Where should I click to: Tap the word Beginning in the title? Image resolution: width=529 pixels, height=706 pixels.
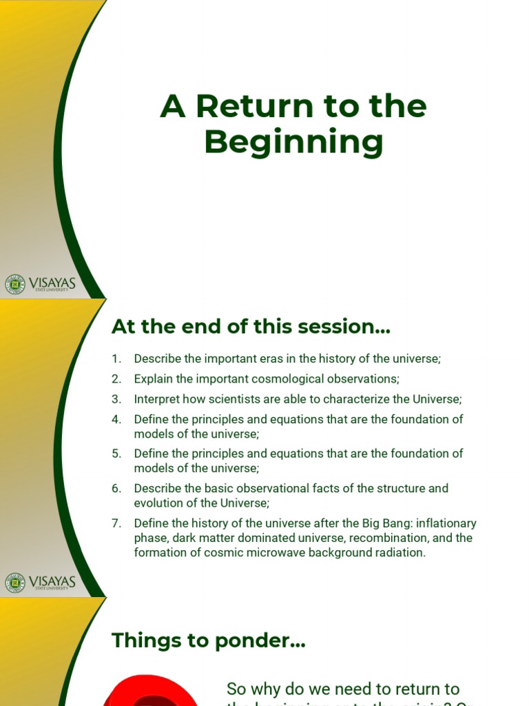tap(293, 143)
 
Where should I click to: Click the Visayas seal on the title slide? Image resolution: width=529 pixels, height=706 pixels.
tap(14, 284)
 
